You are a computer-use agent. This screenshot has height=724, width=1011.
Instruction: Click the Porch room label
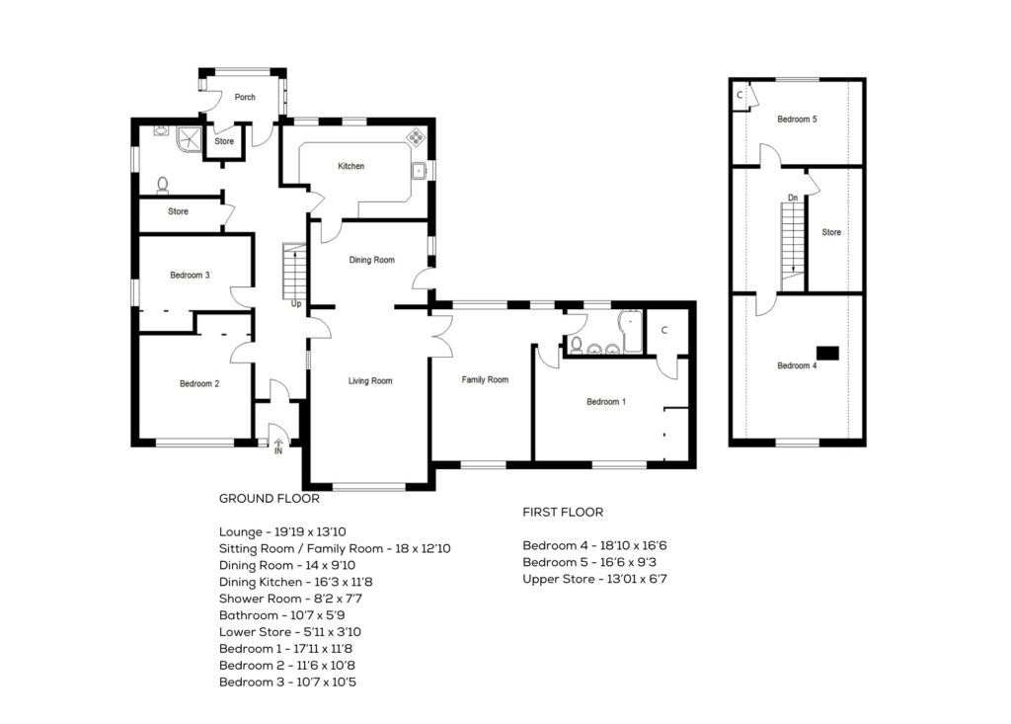tap(245, 97)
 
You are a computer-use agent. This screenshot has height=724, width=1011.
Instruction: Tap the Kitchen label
tap(351, 166)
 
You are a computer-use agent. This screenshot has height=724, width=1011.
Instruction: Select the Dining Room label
tap(372, 261)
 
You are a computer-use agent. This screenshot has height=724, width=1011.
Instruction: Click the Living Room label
tap(370, 380)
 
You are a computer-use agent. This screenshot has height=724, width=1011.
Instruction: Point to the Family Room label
tap(485, 379)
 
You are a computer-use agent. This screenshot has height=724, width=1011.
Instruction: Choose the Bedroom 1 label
tap(605, 402)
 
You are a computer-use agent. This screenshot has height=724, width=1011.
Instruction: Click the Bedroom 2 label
tap(198, 384)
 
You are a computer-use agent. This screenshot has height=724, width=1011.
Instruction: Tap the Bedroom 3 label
tap(190, 275)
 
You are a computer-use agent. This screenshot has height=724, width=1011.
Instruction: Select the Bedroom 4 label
tap(797, 366)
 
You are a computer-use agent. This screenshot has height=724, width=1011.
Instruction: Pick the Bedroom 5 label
tap(797, 120)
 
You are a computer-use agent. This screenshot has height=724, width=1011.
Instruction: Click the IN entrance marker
tap(277, 450)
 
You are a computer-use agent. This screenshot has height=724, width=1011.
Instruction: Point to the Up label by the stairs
tap(295, 304)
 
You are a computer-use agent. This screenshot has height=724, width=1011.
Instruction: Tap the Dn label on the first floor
tap(793, 198)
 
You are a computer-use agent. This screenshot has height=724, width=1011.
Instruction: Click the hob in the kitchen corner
tap(417, 137)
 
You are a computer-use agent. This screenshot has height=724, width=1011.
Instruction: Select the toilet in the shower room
tap(163, 184)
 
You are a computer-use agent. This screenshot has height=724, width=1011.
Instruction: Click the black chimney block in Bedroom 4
tap(826, 351)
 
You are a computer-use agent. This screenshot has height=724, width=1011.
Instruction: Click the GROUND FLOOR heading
tap(270, 499)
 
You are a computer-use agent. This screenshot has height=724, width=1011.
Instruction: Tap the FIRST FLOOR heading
tap(563, 513)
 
